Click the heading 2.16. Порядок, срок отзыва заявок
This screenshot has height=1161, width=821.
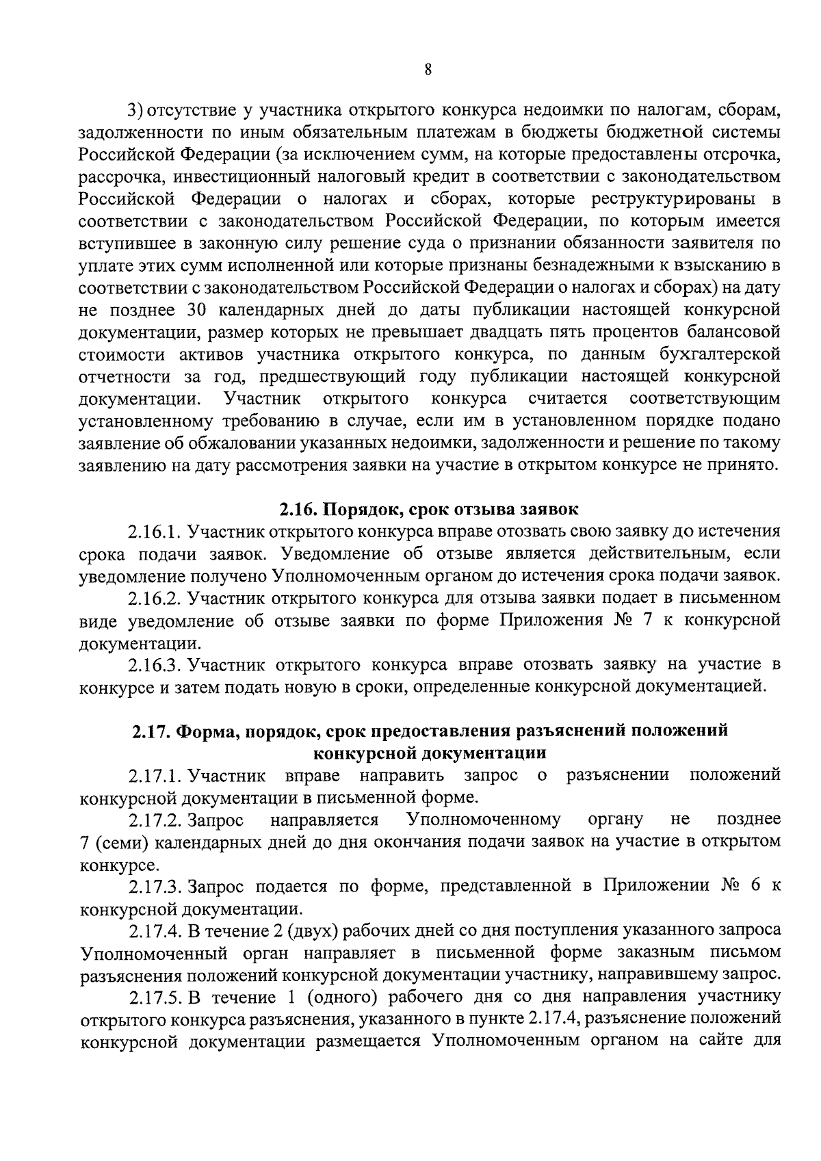click(x=429, y=509)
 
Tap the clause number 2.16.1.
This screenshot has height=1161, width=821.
click(x=154, y=532)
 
